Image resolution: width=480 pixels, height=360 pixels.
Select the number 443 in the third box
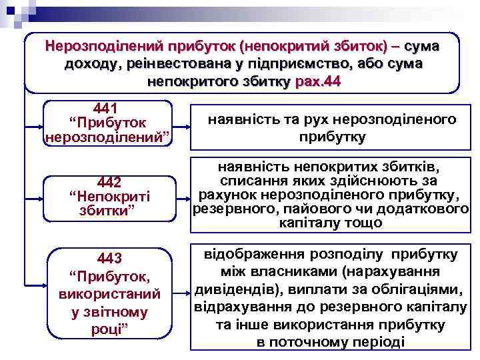pyautogui.click(x=109, y=258)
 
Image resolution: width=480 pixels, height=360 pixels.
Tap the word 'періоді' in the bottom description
pyautogui.click(x=381, y=342)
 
